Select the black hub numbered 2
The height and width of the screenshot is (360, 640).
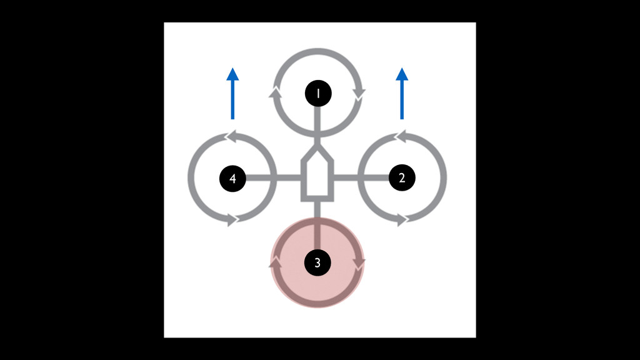(x=402, y=178)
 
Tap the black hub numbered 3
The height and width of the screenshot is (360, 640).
(x=317, y=263)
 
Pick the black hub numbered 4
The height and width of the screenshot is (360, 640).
(x=232, y=179)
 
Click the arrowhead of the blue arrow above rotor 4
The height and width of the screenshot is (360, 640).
(x=232, y=74)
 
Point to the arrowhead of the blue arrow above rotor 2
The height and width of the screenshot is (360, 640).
(x=402, y=74)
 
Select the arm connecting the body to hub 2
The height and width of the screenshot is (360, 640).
(x=362, y=178)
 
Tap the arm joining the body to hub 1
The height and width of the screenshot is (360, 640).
(x=317, y=125)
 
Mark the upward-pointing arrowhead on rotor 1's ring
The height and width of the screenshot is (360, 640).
(x=274, y=94)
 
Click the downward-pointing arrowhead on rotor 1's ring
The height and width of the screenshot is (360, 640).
(x=360, y=94)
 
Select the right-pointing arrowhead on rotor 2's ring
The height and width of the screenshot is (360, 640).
(x=404, y=220)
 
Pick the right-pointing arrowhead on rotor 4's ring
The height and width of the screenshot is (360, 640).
(x=234, y=220)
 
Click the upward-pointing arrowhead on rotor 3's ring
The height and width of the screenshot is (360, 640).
(x=274, y=263)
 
